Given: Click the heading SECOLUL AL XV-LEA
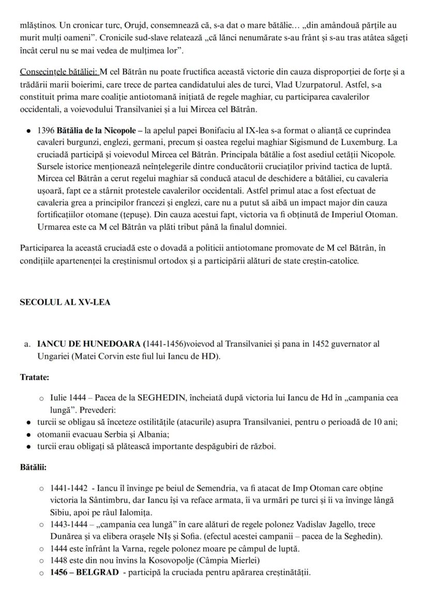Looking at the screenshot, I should point(65,303).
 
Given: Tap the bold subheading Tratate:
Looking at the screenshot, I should point(34,377).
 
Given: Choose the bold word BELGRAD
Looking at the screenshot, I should point(98,572).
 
